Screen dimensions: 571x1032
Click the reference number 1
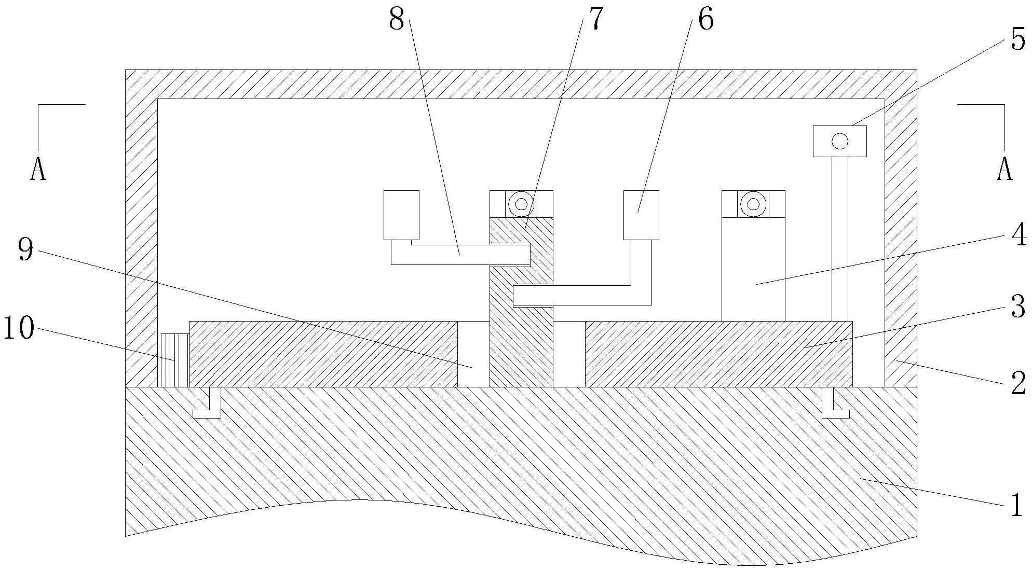click(x=1016, y=504)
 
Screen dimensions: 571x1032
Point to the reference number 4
click(x=1019, y=236)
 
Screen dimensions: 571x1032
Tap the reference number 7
click(x=595, y=20)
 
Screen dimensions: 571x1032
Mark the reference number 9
click(x=25, y=250)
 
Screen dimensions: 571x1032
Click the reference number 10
click(x=19, y=329)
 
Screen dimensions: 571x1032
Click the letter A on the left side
click(x=38, y=169)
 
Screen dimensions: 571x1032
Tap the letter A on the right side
click(x=1004, y=169)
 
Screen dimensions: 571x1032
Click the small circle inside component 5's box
click(x=839, y=141)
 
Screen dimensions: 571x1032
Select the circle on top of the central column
click(x=521, y=204)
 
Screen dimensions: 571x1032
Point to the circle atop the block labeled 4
click(x=753, y=204)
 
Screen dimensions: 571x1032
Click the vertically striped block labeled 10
click(x=173, y=360)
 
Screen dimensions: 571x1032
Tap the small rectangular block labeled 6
click(x=641, y=215)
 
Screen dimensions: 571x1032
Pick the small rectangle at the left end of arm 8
click(x=401, y=215)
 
